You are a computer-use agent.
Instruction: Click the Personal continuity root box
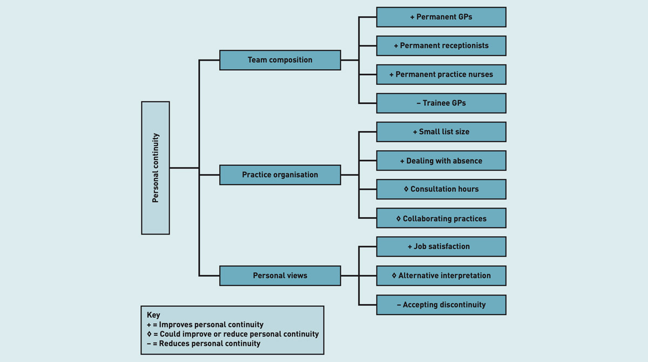pos(156,168)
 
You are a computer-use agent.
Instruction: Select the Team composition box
pos(280,60)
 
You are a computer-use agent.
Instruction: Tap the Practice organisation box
pos(280,175)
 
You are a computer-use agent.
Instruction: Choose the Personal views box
pos(280,276)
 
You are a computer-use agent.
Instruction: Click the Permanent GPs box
pos(441,17)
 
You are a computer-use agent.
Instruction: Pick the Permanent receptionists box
pos(441,46)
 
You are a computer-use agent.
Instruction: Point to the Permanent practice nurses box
pos(441,75)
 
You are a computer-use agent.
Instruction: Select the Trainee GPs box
pos(441,103)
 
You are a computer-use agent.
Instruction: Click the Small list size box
pos(441,132)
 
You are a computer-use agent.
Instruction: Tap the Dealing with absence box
pos(441,161)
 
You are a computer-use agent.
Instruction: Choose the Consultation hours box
pos(441,190)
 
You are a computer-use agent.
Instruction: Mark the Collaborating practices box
pos(441,219)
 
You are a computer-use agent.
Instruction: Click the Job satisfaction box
pos(441,246)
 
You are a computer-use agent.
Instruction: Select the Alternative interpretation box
pos(441,276)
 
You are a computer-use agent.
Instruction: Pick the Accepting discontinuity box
pos(441,305)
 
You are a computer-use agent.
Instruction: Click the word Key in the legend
pos(153,315)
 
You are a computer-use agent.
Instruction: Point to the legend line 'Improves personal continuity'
pos(205,325)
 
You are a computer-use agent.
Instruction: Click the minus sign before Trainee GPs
pos(418,103)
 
